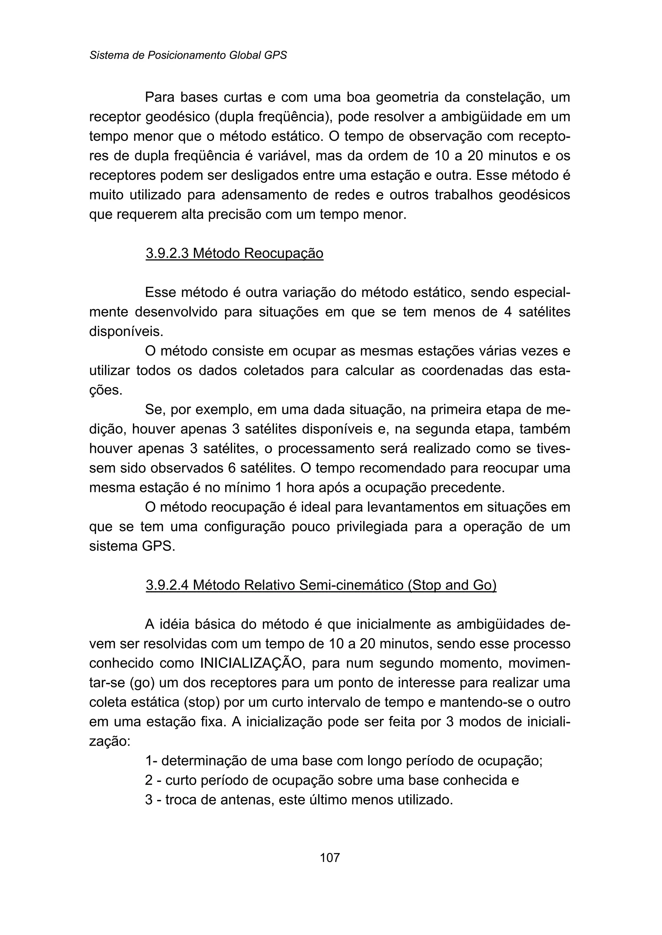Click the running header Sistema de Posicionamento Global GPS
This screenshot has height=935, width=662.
[x=188, y=55]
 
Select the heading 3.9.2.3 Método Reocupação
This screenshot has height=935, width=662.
[x=234, y=253]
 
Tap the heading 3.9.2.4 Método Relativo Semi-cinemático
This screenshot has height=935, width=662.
[x=321, y=585]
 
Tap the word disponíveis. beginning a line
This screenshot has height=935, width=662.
[x=126, y=331]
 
